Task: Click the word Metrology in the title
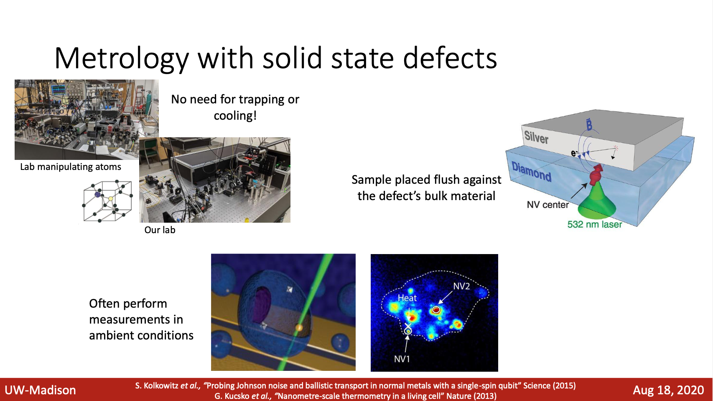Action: tap(122, 58)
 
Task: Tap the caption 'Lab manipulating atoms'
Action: tap(71, 167)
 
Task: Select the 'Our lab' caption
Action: tap(160, 230)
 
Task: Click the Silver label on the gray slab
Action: tap(536, 137)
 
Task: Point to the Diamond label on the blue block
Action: tap(531, 172)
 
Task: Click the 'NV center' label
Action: tap(548, 205)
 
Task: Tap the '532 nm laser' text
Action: tap(595, 224)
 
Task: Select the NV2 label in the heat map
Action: tap(461, 286)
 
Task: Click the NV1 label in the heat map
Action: tap(402, 359)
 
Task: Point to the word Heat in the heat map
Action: tap(407, 298)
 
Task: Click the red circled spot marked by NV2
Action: tap(436, 309)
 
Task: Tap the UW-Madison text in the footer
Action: tap(41, 390)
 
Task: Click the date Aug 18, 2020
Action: tap(668, 390)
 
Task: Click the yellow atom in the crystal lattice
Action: tap(111, 198)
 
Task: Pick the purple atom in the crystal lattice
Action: tap(98, 195)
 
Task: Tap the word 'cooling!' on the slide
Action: tap(235, 116)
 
